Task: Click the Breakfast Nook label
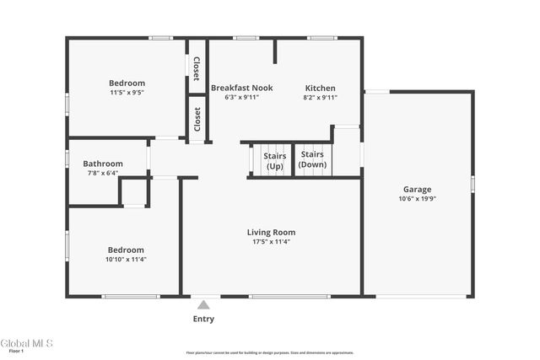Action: click(x=241, y=88)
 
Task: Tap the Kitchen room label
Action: click(x=320, y=88)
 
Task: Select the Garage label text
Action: click(x=417, y=190)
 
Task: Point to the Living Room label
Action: click(x=271, y=232)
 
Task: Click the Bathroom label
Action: click(x=103, y=164)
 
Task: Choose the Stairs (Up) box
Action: click(x=274, y=160)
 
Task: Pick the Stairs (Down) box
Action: click(x=312, y=160)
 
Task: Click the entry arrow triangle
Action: click(x=203, y=305)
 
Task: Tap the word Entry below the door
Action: click(x=203, y=319)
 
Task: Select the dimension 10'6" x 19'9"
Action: click(x=417, y=199)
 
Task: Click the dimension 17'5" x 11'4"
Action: click(x=271, y=242)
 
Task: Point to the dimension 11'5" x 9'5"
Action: click(x=127, y=93)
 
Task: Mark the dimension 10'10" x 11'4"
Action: click(x=126, y=260)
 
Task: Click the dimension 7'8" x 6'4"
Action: click(x=103, y=173)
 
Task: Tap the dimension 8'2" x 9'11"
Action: click(x=320, y=98)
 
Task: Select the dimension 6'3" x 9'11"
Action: click(x=241, y=98)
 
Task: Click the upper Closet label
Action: click(x=197, y=67)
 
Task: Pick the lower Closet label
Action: click(x=197, y=119)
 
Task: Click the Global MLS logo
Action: click(x=26, y=343)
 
